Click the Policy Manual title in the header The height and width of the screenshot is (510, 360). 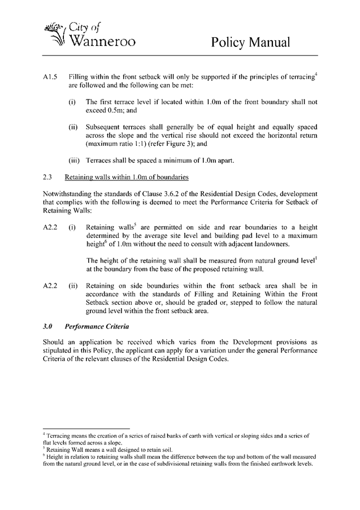point(250,42)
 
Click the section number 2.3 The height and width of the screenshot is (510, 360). point(47,178)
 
